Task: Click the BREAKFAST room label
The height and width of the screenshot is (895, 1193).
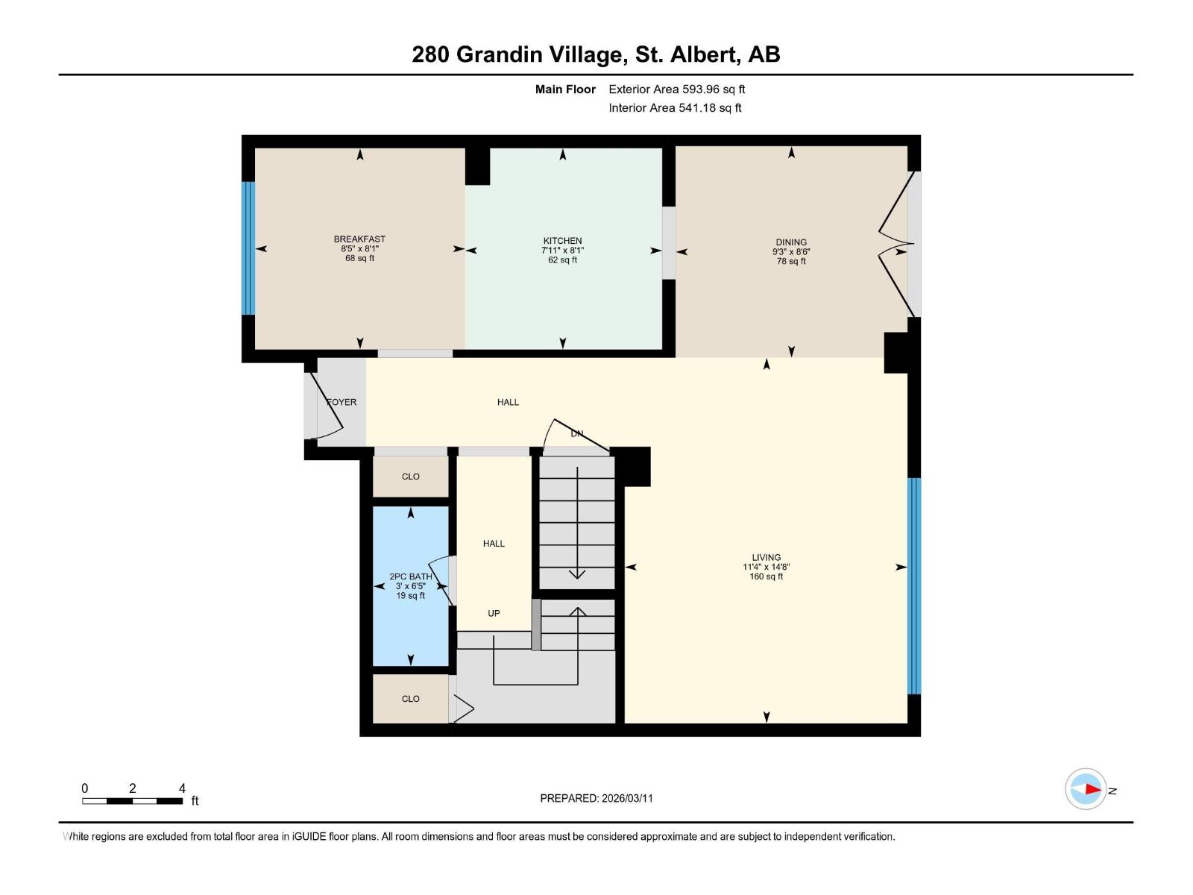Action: pos(359,239)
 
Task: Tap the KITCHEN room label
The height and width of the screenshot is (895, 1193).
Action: pos(562,241)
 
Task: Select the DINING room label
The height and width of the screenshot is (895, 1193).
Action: pos(790,242)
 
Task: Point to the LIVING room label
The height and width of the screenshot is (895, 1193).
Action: pos(766,557)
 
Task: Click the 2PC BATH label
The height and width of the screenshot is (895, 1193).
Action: pos(410,577)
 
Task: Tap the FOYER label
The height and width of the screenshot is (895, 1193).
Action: pos(342,402)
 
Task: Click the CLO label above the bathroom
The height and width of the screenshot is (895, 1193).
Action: pos(410,477)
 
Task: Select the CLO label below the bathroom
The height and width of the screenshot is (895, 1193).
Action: pos(410,699)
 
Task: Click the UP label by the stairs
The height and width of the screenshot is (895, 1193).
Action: pos(494,613)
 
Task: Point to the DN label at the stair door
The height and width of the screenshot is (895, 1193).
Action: pos(576,433)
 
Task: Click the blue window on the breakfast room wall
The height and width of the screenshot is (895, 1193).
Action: pos(248,248)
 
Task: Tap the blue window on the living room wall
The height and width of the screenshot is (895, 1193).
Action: pos(913,586)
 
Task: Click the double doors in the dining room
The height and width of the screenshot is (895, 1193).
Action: pos(897,246)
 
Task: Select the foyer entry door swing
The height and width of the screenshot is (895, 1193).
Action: pos(326,406)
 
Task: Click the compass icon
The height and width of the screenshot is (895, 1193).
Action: pos(1086,789)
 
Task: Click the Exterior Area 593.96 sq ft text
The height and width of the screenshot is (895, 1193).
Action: pos(676,89)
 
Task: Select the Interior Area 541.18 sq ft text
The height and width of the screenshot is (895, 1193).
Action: pos(675,108)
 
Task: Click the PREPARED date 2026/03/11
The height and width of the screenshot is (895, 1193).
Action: pos(596,798)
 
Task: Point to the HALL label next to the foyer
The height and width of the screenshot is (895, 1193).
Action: pos(508,402)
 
